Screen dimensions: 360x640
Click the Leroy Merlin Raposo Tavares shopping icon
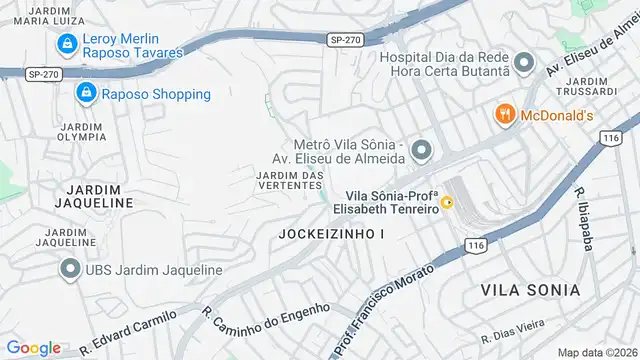(x=67, y=43)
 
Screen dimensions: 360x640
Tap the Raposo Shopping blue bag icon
(x=86, y=94)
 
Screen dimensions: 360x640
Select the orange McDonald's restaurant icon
(x=504, y=115)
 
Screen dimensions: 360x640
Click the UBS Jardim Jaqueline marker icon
(x=70, y=270)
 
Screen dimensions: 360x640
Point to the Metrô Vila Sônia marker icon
(x=421, y=151)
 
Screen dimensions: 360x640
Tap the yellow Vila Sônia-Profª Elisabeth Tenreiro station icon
(x=448, y=203)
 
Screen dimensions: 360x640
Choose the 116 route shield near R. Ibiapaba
(x=612, y=138)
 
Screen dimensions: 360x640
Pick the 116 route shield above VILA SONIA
(x=476, y=245)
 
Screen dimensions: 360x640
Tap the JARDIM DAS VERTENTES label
(x=290, y=182)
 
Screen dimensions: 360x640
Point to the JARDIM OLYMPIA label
(x=84, y=133)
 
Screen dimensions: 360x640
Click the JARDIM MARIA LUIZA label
(x=41, y=14)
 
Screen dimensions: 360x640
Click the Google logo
(x=34, y=347)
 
